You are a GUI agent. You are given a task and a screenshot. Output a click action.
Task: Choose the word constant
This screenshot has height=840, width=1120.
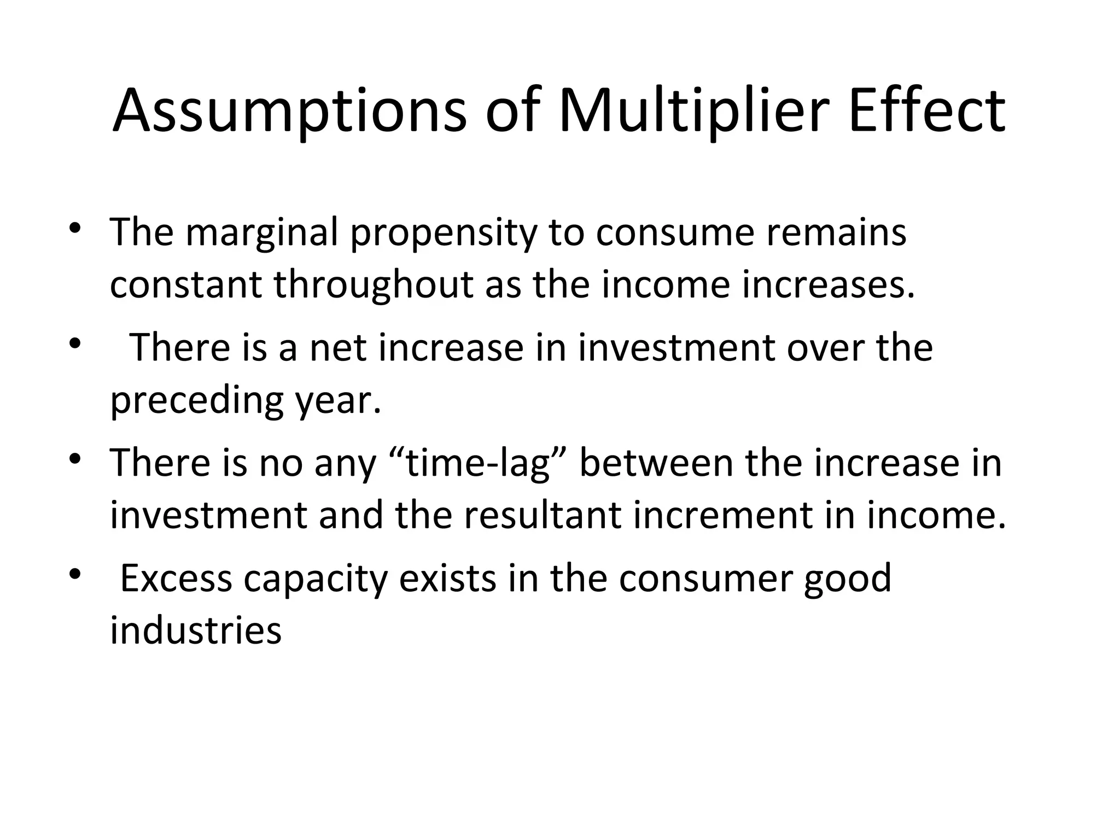point(186,285)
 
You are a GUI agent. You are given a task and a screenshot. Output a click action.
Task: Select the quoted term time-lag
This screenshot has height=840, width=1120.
point(472,463)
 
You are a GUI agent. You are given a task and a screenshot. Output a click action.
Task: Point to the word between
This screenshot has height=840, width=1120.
point(656,463)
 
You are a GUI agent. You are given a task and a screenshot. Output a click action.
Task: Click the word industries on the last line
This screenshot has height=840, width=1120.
point(196,631)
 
